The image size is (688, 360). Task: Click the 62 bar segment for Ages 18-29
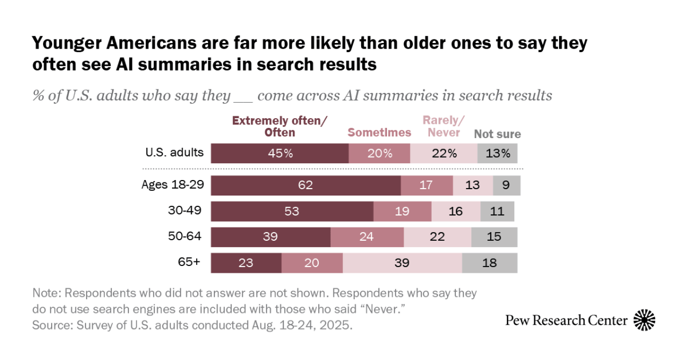tap(306, 186)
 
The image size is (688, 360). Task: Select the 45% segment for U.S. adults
tap(280, 154)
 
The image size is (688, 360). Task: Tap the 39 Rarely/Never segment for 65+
tap(402, 263)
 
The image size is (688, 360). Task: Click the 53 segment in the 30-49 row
tap(292, 211)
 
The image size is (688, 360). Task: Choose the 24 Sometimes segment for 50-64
tap(367, 237)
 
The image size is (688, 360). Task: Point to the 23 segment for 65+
tap(246, 263)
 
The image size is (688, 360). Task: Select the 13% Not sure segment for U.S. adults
tap(498, 154)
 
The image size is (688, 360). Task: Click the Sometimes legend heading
tap(380, 132)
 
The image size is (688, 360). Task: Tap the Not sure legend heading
tap(497, 134)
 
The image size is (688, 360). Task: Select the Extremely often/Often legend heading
tap(279, 126)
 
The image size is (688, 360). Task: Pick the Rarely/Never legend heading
tap(443, 126)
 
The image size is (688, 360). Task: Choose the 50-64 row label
tap(183, 237)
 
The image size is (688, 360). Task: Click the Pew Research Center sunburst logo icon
tap(644, 320)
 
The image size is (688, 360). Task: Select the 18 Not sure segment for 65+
tap(490, 263)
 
